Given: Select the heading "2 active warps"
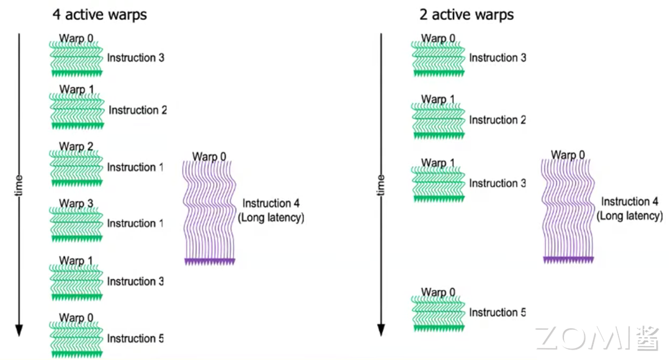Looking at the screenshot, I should click(467, 14).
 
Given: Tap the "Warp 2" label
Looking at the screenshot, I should click(76, 147).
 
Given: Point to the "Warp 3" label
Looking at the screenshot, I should click(76, 204).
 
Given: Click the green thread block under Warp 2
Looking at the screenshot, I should click(76, 168).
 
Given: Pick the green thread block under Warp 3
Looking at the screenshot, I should click(76, 224).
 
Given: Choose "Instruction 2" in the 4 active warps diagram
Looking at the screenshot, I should click(138, 110).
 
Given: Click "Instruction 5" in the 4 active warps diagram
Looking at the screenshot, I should click(135, 338).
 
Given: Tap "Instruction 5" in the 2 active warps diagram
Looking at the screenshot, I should click(497, 312).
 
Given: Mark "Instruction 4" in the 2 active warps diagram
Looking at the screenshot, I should click(630, 201).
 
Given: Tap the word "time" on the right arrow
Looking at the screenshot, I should click(381, 184).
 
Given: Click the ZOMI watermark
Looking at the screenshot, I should click(596, 338).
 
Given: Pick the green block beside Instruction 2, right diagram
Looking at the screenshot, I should click(439, 119).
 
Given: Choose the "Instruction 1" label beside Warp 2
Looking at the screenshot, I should click(135, 167).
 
